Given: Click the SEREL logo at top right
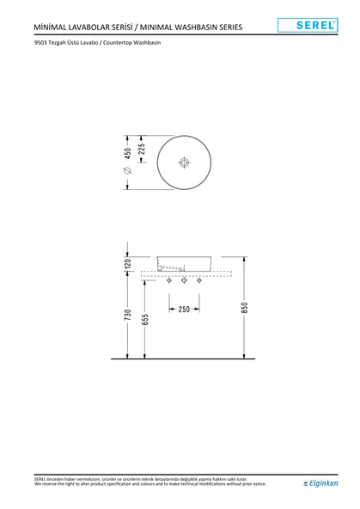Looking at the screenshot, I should [x=318, y=26].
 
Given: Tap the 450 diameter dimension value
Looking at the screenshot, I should [x=128, y=153].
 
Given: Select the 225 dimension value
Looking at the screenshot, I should [x=142, y=149].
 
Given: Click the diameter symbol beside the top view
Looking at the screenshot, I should [x=128, y=172].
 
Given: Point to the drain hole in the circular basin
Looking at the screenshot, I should [x=183, y=162].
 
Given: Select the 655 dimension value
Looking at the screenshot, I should [x=146, y=321].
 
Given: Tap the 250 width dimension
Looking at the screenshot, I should [x=184, y=309].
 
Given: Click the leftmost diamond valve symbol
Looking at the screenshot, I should [x=168, y=281].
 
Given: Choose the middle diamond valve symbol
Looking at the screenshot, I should [x=184, y=281].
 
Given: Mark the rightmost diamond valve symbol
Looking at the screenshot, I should [x=199, y=281].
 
